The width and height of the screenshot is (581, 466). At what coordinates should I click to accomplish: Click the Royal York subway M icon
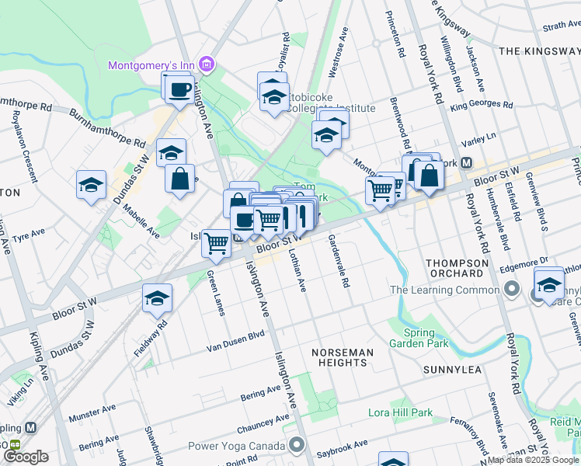(467, 163)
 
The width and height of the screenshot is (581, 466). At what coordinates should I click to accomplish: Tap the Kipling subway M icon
(31, 428)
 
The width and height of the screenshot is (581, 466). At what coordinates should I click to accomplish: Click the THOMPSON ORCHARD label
(457, 268)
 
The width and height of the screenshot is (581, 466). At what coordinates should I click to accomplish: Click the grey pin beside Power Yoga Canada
(296, 445)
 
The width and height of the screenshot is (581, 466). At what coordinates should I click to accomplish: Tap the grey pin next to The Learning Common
(511, 290)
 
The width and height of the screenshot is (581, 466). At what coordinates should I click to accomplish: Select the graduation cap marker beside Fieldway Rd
(156, 297)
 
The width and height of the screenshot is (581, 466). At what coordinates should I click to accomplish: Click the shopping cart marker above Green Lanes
(216, 243)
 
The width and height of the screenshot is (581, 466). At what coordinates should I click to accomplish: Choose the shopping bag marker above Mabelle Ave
(179, 178)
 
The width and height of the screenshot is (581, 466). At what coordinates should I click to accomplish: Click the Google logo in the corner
(25, 457)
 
